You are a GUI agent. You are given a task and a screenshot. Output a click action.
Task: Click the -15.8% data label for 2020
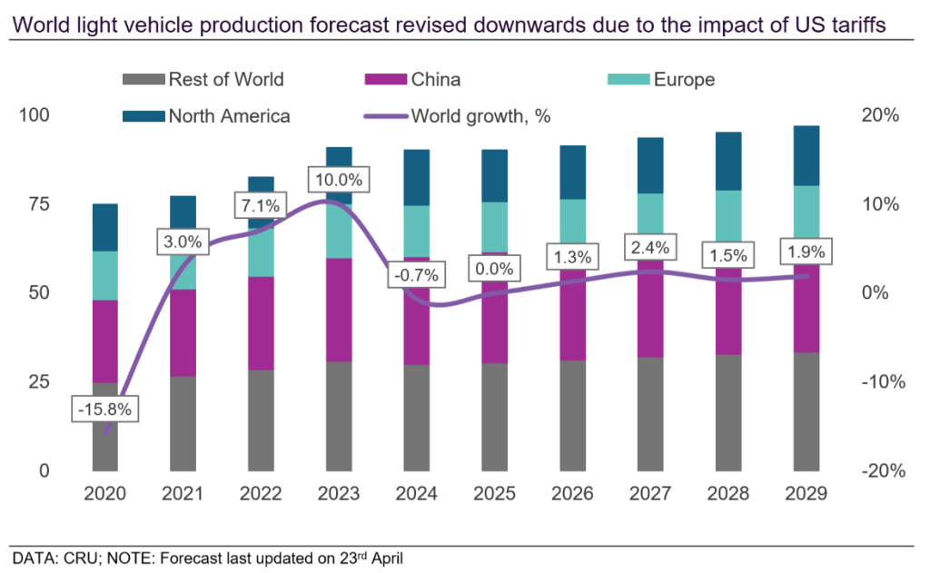[104, 410]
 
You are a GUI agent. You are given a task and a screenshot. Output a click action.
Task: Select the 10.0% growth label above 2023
[336, 180]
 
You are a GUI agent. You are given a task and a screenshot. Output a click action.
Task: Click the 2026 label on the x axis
[573, 494]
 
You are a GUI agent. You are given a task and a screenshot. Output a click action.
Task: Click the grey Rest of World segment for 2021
[183, 423]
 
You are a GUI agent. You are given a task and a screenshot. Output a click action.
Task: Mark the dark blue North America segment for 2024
[416, 177]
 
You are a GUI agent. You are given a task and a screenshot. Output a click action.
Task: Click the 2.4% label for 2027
[650, 246]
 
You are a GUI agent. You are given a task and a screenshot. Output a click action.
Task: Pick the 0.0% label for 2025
[495, 269]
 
